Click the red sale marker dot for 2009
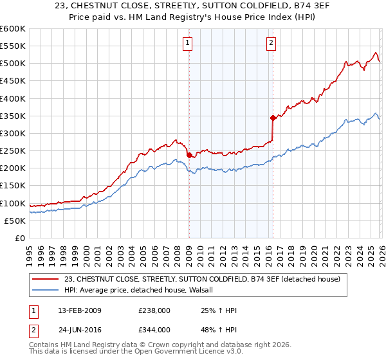[189, 155]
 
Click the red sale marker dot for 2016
[273, 118]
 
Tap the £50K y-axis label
[15, 221]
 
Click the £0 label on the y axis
[19, 238]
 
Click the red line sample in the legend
[46, 279]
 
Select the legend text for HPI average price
[143, 290]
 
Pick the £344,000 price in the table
[154, 330]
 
